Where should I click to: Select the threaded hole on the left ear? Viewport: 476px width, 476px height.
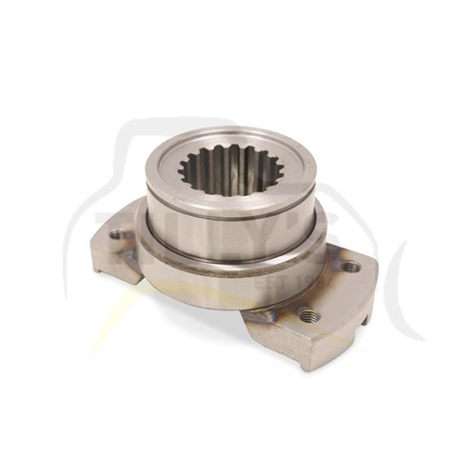pos(117,233)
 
